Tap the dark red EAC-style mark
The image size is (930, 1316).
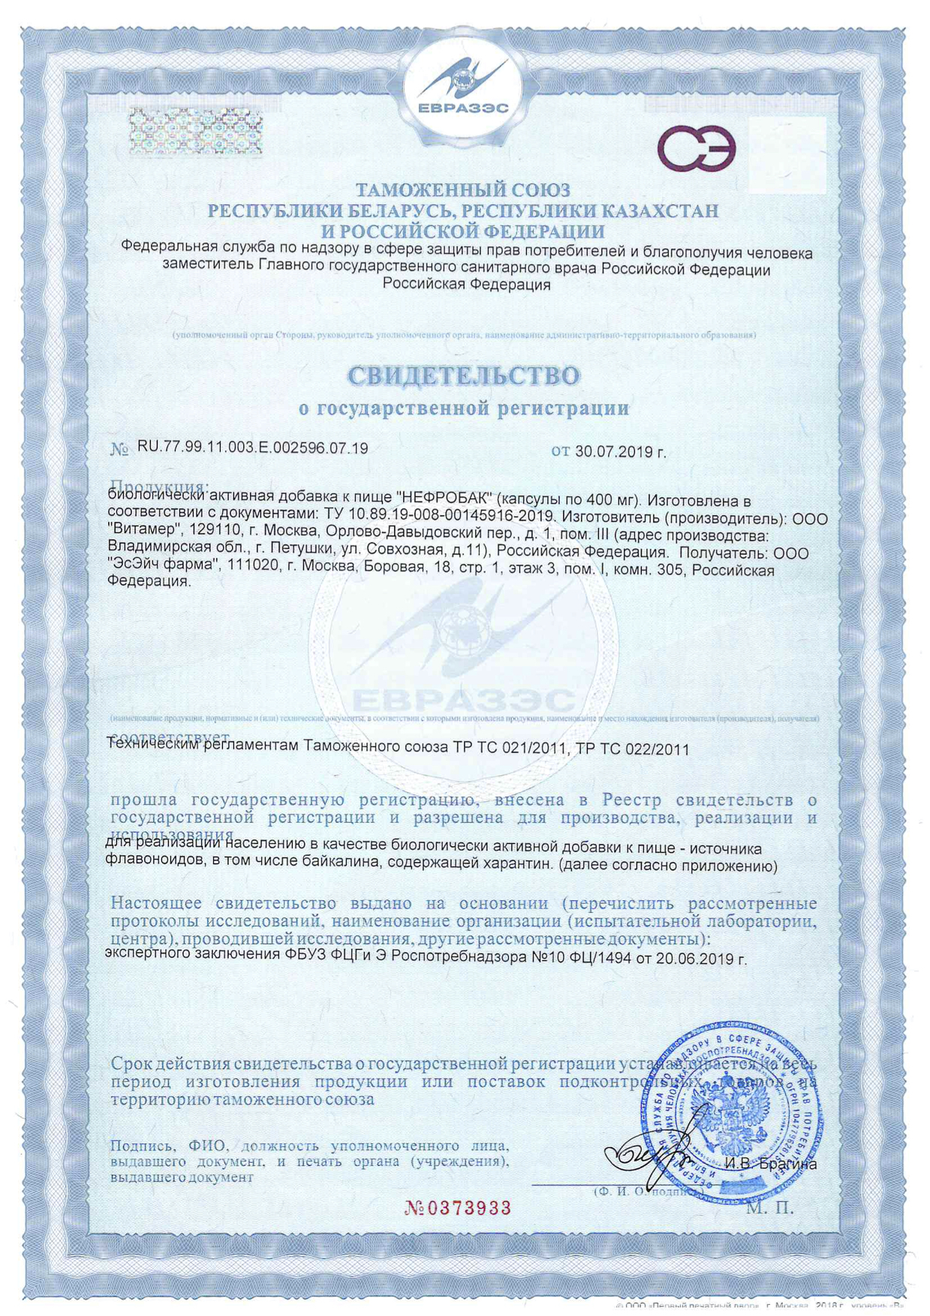696,148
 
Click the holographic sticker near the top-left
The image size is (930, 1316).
195,133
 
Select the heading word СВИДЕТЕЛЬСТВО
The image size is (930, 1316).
464,375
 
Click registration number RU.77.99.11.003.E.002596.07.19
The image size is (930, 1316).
252,448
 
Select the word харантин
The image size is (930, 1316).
523,866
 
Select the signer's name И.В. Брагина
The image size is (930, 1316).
770,1164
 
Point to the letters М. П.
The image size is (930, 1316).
770,1208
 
